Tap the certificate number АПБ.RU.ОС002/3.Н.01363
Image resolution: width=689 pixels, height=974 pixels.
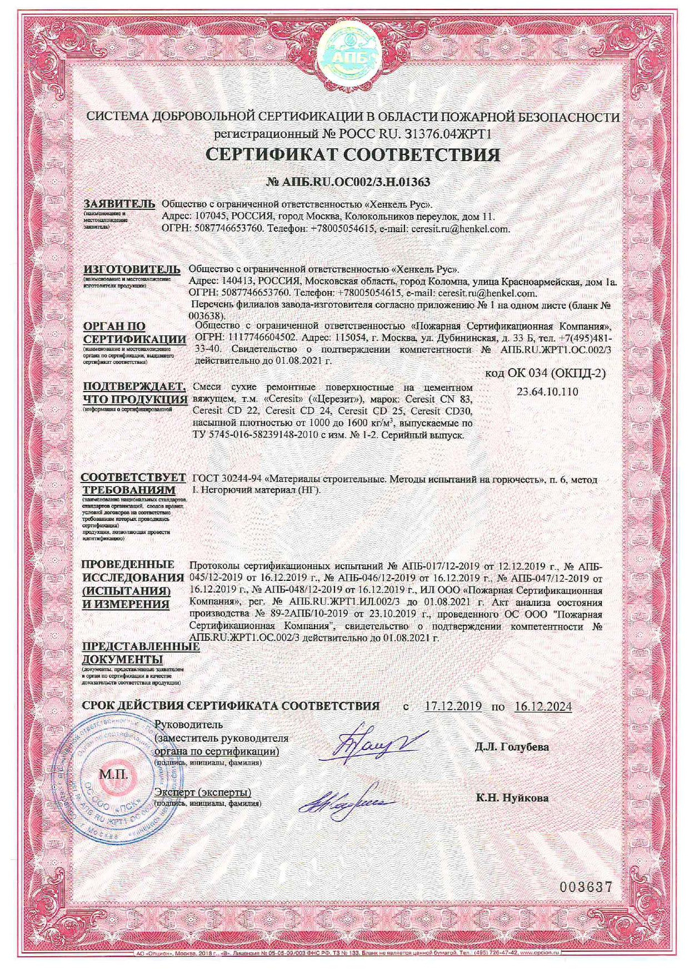point(348,182)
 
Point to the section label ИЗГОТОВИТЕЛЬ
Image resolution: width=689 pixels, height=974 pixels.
point(132,269)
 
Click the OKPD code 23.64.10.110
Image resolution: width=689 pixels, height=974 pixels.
point(547,391)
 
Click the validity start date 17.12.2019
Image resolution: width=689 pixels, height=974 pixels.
point(452,706)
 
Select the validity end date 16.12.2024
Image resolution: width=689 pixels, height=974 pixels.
point(543,706)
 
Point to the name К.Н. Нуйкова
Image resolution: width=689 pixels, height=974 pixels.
point(512,798)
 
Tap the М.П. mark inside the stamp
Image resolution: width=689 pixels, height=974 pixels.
point(113,774)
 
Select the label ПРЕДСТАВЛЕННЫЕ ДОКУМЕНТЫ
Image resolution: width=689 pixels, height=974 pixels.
point(140,653)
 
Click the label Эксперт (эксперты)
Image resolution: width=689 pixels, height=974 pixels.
point(203,792)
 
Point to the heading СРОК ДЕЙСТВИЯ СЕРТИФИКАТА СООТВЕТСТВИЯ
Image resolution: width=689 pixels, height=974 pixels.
point(231,706)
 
